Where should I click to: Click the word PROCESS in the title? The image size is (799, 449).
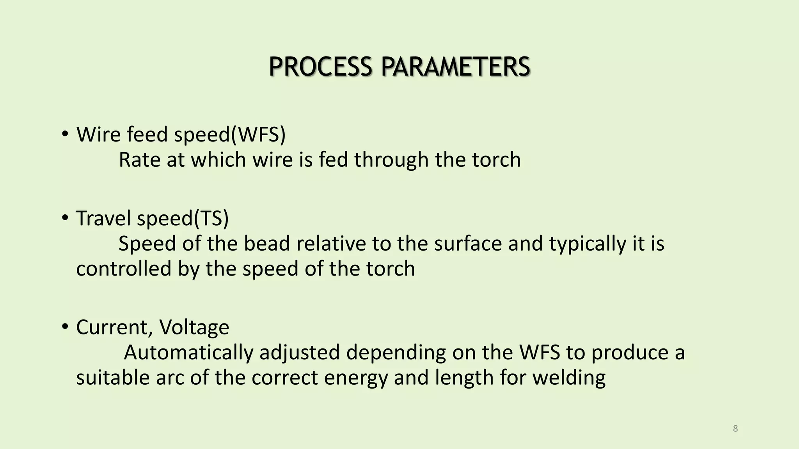tap(320, 67)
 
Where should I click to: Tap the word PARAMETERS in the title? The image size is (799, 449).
tap(455, 67)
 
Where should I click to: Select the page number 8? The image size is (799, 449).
tap(735, 429)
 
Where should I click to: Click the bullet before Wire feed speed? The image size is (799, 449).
tap(65, 134)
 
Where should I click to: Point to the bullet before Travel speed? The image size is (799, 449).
tap(65, 217)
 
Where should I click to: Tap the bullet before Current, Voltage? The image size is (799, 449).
tap(65, 326)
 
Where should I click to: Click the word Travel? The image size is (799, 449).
tap(104, 218)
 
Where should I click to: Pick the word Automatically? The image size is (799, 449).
tap(188, 353)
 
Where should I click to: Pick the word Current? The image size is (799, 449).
tap(111, 327)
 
